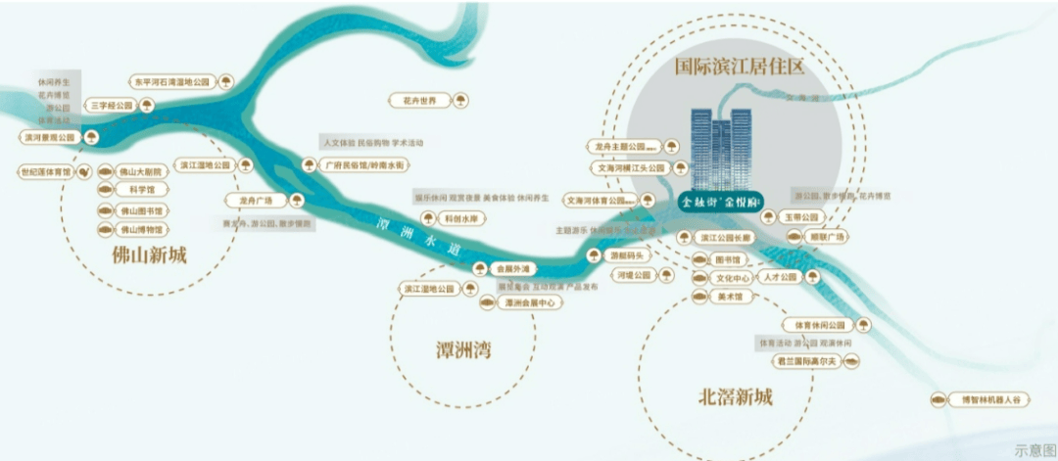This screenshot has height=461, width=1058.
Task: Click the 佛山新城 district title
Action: (150, 256)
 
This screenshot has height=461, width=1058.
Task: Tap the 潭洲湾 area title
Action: (462, 349)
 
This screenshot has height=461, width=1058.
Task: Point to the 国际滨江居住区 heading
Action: (740, 68)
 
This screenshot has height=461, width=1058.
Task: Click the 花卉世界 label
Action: (419, 100)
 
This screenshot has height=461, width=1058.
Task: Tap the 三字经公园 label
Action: (113, 106)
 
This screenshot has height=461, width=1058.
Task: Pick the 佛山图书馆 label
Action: (142, 210)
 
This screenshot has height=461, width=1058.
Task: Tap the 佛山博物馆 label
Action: (142, 230)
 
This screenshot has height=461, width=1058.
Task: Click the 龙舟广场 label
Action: (257, 200)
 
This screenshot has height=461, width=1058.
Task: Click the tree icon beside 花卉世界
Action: (458, 100)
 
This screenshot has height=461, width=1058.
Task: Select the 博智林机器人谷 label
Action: (988, 399)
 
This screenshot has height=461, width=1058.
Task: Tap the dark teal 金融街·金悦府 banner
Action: (722, 201)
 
